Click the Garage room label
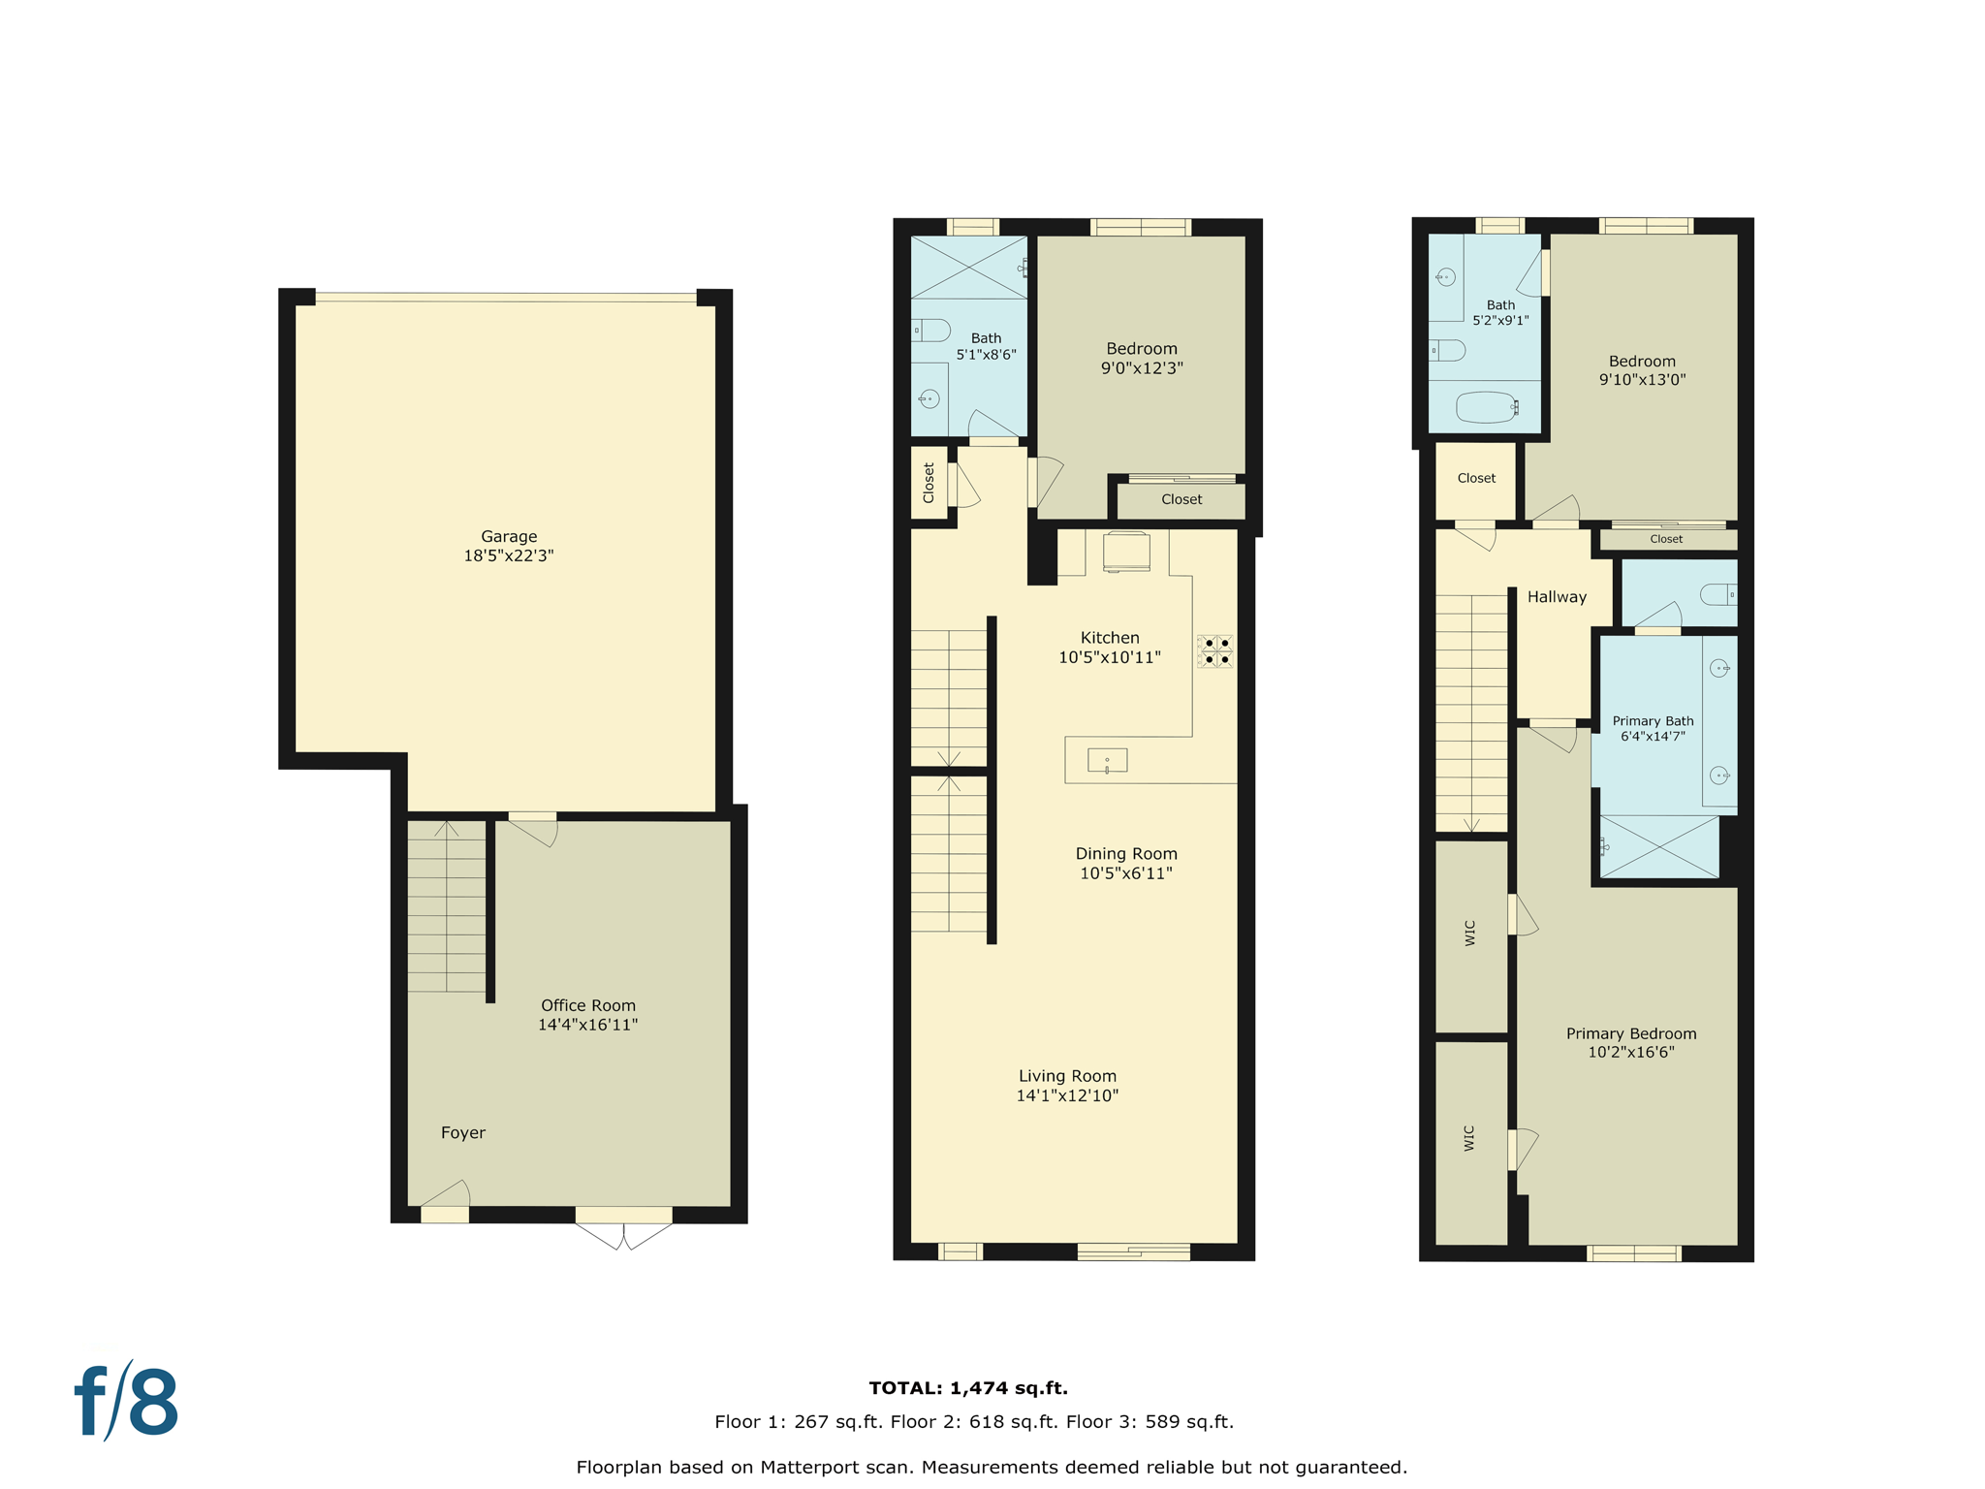click(x=508, y=536)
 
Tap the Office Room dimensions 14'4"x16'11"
click(x=587, y=1025)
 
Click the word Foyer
click(x=462, y=1132)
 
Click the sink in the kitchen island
click(x=1107, y=761)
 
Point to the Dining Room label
click(x=1125, y=854)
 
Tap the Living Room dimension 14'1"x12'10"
click(x=1066, y=1096)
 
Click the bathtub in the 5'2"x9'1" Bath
click(x=1486, y=407)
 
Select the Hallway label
click(x=1557, y=597)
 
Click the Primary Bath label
click(x=1653, y=721)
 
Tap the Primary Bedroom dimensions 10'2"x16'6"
click(x=1630, y=1053)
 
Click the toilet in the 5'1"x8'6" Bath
click(x=930, y=331)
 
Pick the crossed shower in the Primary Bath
click(x=1659, y=846)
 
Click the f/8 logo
click(x=126, y=1402)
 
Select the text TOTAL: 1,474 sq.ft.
click(x=967, y=1388)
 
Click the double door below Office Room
click(x=623, y=1235)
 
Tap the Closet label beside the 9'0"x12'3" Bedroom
click(x=1181, y=499)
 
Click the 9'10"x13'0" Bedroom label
click(x=1642, y=362)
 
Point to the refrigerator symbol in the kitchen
click(x=1126, y=552)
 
